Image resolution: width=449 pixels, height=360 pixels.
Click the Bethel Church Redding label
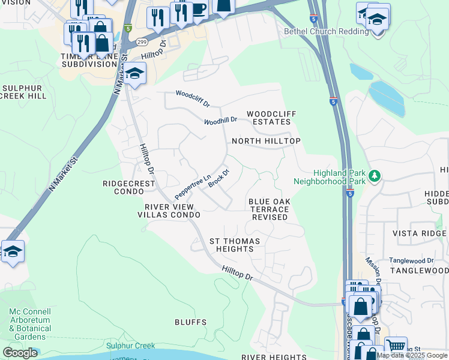pos(327,31)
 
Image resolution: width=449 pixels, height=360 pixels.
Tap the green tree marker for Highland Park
pos(375,176)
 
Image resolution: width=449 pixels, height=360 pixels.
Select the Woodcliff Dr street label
pos(192,99)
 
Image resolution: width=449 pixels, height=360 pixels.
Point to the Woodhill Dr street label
pos(220,120)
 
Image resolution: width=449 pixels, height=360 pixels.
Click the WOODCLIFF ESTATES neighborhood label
pos(268,118)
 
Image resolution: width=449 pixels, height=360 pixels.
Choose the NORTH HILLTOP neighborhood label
pos(266,141)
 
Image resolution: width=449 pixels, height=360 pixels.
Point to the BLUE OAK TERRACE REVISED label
pos(269,209)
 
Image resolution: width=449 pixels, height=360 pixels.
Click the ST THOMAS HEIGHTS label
pos(235,245)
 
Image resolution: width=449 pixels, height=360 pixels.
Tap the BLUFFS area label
pos(190,322)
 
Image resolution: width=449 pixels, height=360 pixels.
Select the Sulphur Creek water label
pos(131,346)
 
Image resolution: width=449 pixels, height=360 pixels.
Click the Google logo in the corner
pos(20,353)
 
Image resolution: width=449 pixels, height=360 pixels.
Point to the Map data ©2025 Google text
pos(411,355)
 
